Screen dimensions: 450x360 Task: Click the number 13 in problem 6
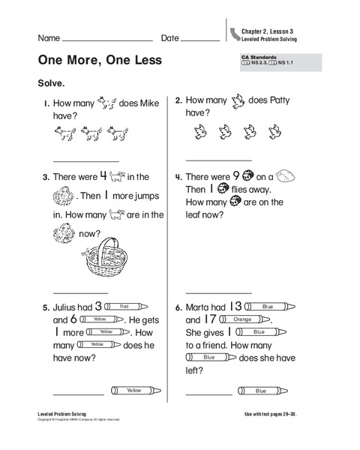point(235,306)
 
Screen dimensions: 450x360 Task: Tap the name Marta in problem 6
point(200,307)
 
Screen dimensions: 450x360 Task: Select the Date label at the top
point(170,37)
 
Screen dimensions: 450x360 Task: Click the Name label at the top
point(49,37)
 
